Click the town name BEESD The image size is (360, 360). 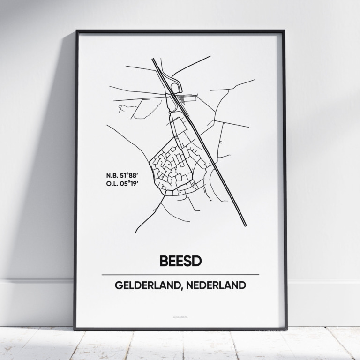(180, 261)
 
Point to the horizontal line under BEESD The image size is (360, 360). (180, 275)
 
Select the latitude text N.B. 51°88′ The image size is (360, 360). (123, 176)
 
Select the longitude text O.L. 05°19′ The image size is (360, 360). (123, 184)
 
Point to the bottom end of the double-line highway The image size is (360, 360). (244, 225)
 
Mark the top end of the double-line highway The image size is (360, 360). (153, 59)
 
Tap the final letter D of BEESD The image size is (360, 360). (196, 261)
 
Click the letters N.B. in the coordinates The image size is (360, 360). (112, 176)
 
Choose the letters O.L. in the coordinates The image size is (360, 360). (112, 184)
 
